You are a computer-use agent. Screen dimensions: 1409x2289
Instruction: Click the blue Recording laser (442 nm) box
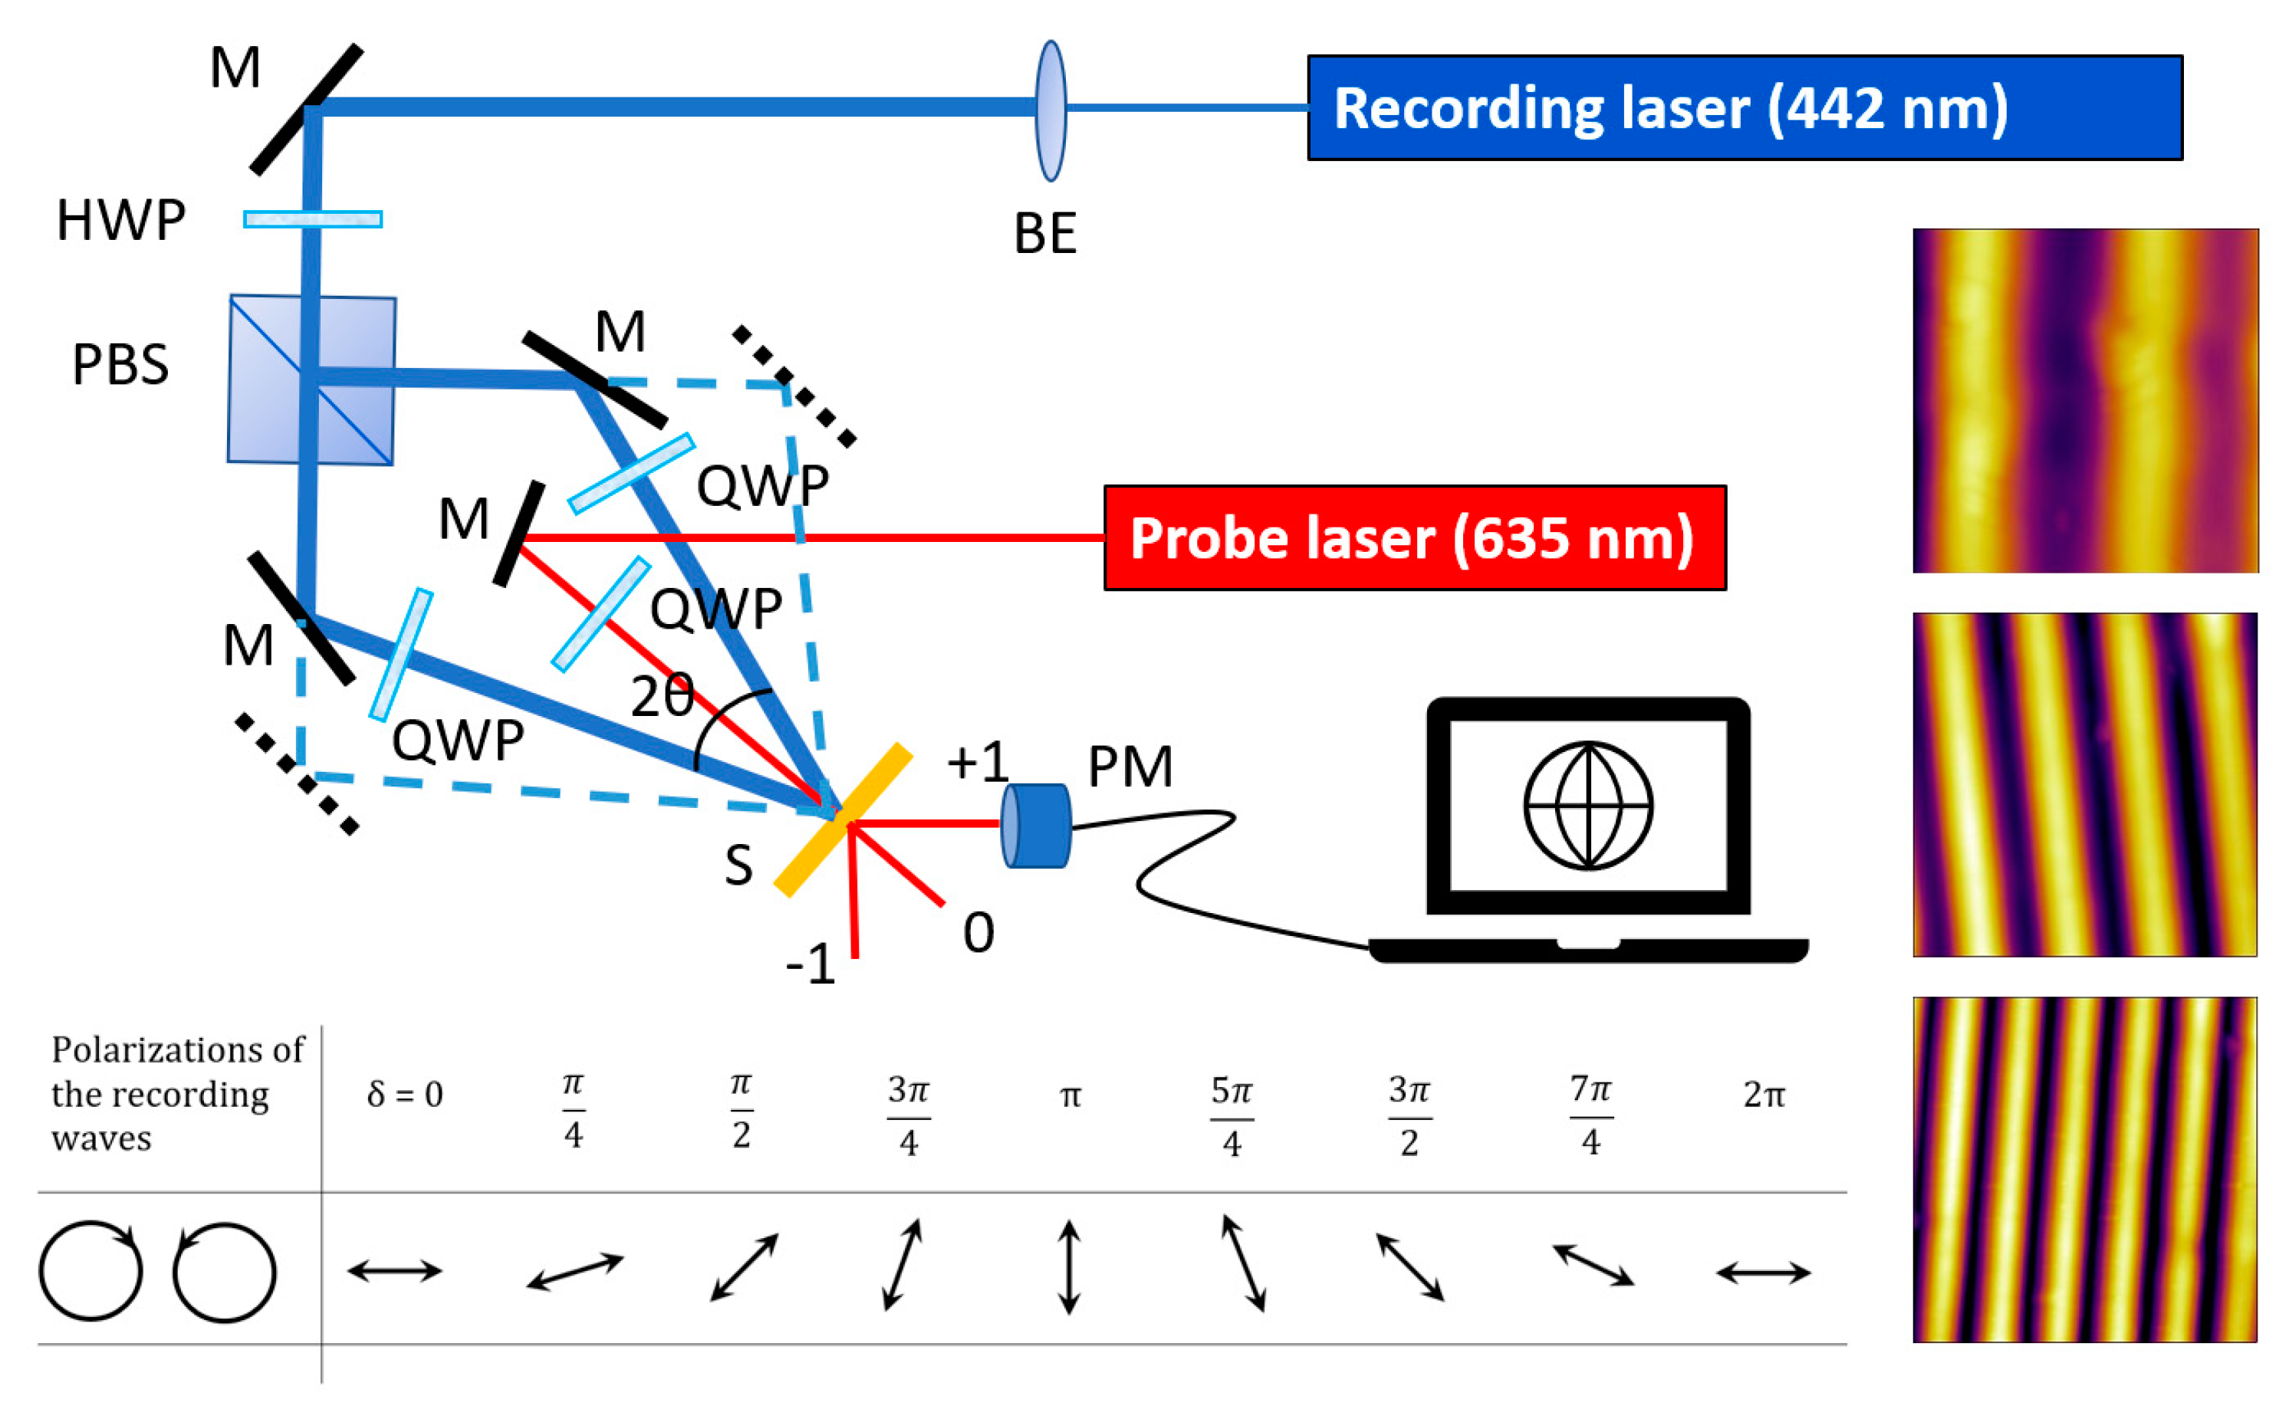(x=1744, y=108)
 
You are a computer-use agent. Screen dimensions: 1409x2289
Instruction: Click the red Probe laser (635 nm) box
(x=1414, y=537)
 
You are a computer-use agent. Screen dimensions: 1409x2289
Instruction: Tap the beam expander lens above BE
(x=1051, y=110)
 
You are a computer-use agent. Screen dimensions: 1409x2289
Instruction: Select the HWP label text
(x=120, y=221)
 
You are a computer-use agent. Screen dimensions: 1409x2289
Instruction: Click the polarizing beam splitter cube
(x=311, y=380)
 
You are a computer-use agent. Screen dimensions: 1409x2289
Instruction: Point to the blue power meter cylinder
(x=1035, y=826)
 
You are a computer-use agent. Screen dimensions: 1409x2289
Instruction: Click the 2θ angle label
(x=662, y=696)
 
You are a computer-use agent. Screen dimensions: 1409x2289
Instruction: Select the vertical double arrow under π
(x=1069, y=1267)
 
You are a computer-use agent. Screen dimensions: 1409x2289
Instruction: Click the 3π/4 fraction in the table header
(x=908, y=1115)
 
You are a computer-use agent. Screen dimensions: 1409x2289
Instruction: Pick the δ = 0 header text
(x=404, y=1094)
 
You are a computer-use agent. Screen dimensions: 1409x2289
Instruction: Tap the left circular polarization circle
(x=90, y=1270)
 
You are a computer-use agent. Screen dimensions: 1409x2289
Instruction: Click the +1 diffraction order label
(x=977, y=761)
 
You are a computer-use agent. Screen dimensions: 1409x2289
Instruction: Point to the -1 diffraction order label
(x=809, y=964)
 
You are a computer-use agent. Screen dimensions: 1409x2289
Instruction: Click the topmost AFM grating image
(x=2085, y=401)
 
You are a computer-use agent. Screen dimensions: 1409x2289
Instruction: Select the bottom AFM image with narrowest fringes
(x=2085, y=1170)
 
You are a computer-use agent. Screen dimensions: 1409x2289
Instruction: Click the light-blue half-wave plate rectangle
(x=312, y=219)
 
